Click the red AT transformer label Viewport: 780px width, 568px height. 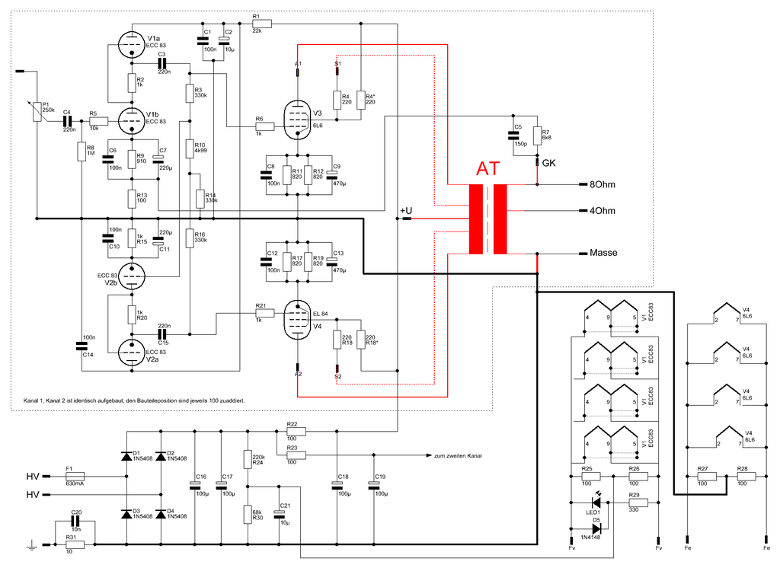488,170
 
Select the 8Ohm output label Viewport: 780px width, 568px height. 602,185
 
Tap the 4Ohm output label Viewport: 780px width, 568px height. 602,211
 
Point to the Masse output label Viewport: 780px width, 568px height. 603,253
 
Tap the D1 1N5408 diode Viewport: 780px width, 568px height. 126,456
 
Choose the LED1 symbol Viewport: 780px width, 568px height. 597,503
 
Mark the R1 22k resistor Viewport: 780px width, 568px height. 257,24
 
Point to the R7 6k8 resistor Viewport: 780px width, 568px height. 537,136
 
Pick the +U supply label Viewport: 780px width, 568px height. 406,210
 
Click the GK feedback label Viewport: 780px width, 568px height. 548,163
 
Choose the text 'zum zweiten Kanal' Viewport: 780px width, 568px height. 458,455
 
